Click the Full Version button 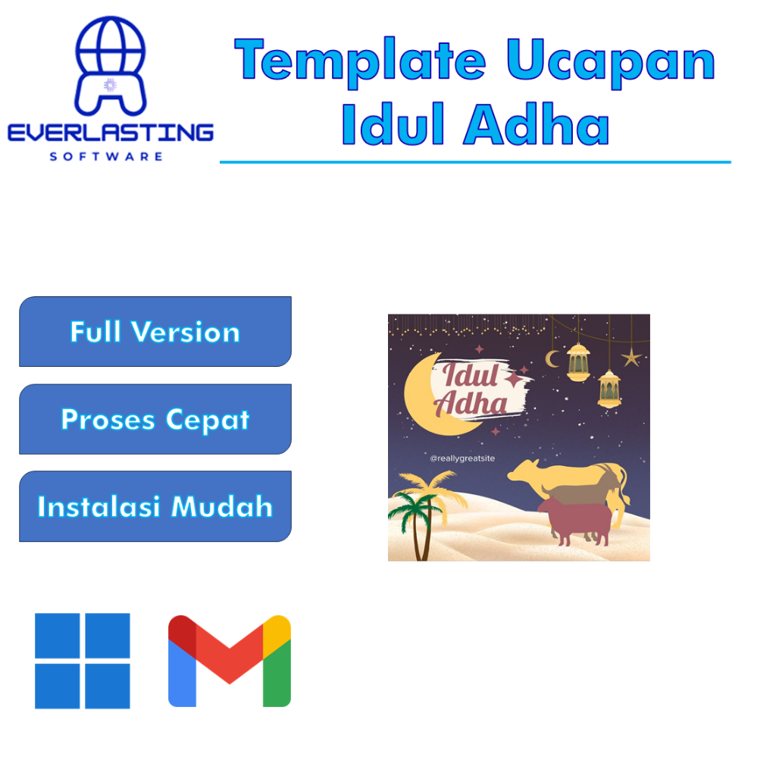[x=155, y=332]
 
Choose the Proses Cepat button [x=155, y=419]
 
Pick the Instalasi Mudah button [x=155, y=506]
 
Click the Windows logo [x=83, y=661]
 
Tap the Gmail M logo [x=230, y=661]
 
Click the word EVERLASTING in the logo [x=111, y=134]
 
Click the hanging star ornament [x=631, y=356]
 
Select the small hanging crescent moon [x=553, y=358]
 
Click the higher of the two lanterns [x=578, y=361]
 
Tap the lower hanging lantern [x=609, y=387]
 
